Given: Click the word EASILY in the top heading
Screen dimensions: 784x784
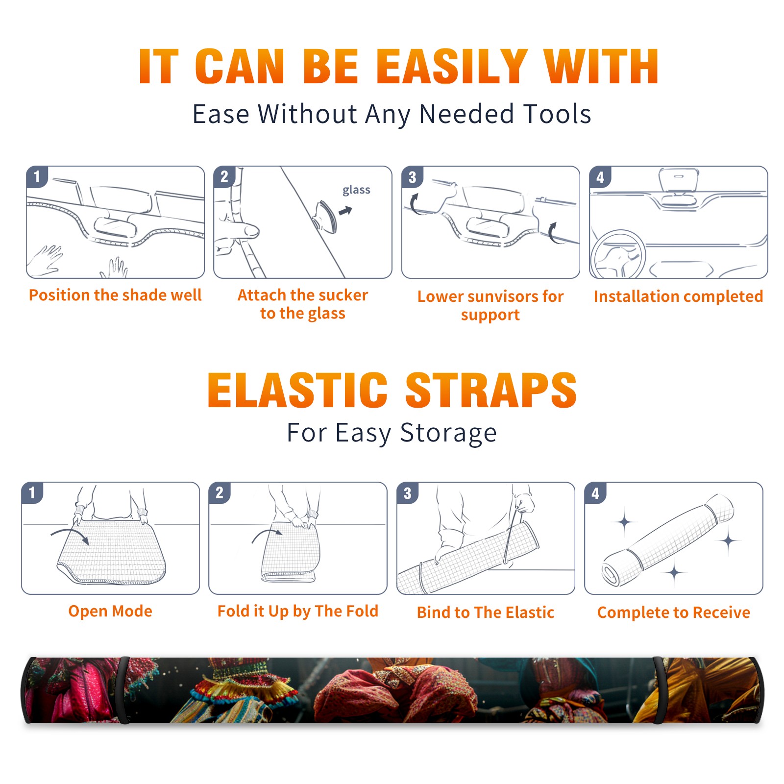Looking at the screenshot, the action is [451, 67].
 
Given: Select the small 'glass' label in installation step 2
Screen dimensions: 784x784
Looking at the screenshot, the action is [356, 190].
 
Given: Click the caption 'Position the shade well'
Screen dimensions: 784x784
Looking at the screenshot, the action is [115, 295].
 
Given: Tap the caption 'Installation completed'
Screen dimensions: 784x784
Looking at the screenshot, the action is [678, 296].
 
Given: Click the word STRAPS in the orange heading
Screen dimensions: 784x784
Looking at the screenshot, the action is [491, 390].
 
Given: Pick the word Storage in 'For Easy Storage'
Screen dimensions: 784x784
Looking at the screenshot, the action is [448, 433].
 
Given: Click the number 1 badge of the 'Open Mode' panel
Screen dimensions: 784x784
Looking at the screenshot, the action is [32, 492].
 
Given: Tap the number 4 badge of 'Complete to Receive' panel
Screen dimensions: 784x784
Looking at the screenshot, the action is [595, 492].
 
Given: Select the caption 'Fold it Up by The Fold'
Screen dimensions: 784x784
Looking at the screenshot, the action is [298, 611].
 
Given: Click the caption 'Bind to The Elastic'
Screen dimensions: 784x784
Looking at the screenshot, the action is [486, 612].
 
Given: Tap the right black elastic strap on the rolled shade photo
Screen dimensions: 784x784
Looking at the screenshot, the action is [659, 690].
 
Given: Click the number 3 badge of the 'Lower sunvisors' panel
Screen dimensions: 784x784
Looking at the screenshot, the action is [412, 177].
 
